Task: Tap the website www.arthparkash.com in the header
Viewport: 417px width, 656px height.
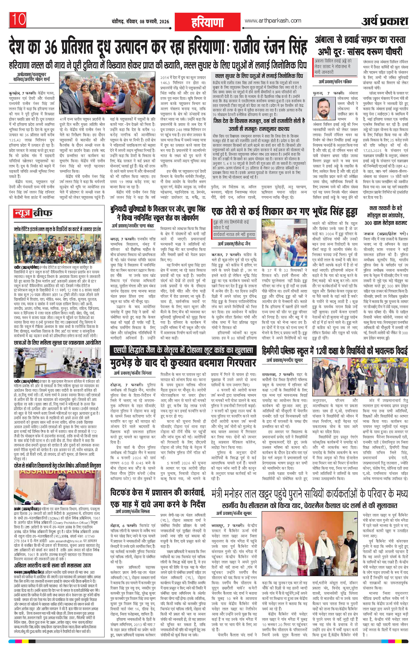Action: pos(273,21)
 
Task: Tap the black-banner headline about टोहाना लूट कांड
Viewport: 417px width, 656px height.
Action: pos(183,350)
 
